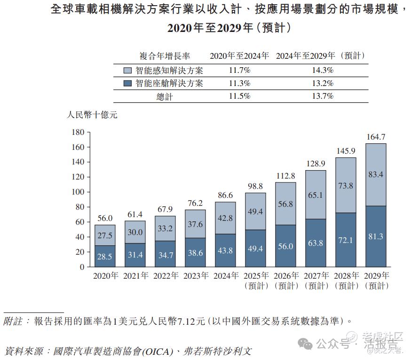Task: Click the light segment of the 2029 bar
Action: click(376, 174)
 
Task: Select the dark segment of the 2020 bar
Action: click(105, 256)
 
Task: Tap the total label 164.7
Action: click(376, 137)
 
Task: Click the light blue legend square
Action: click(127, 70)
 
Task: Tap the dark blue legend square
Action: click(127, 84)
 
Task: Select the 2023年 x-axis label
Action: click(195, 276)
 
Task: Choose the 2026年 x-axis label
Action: click(285, 276)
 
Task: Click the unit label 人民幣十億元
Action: click(92, 115)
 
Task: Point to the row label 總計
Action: click(165, 96)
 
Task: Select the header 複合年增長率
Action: click(165, 56)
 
